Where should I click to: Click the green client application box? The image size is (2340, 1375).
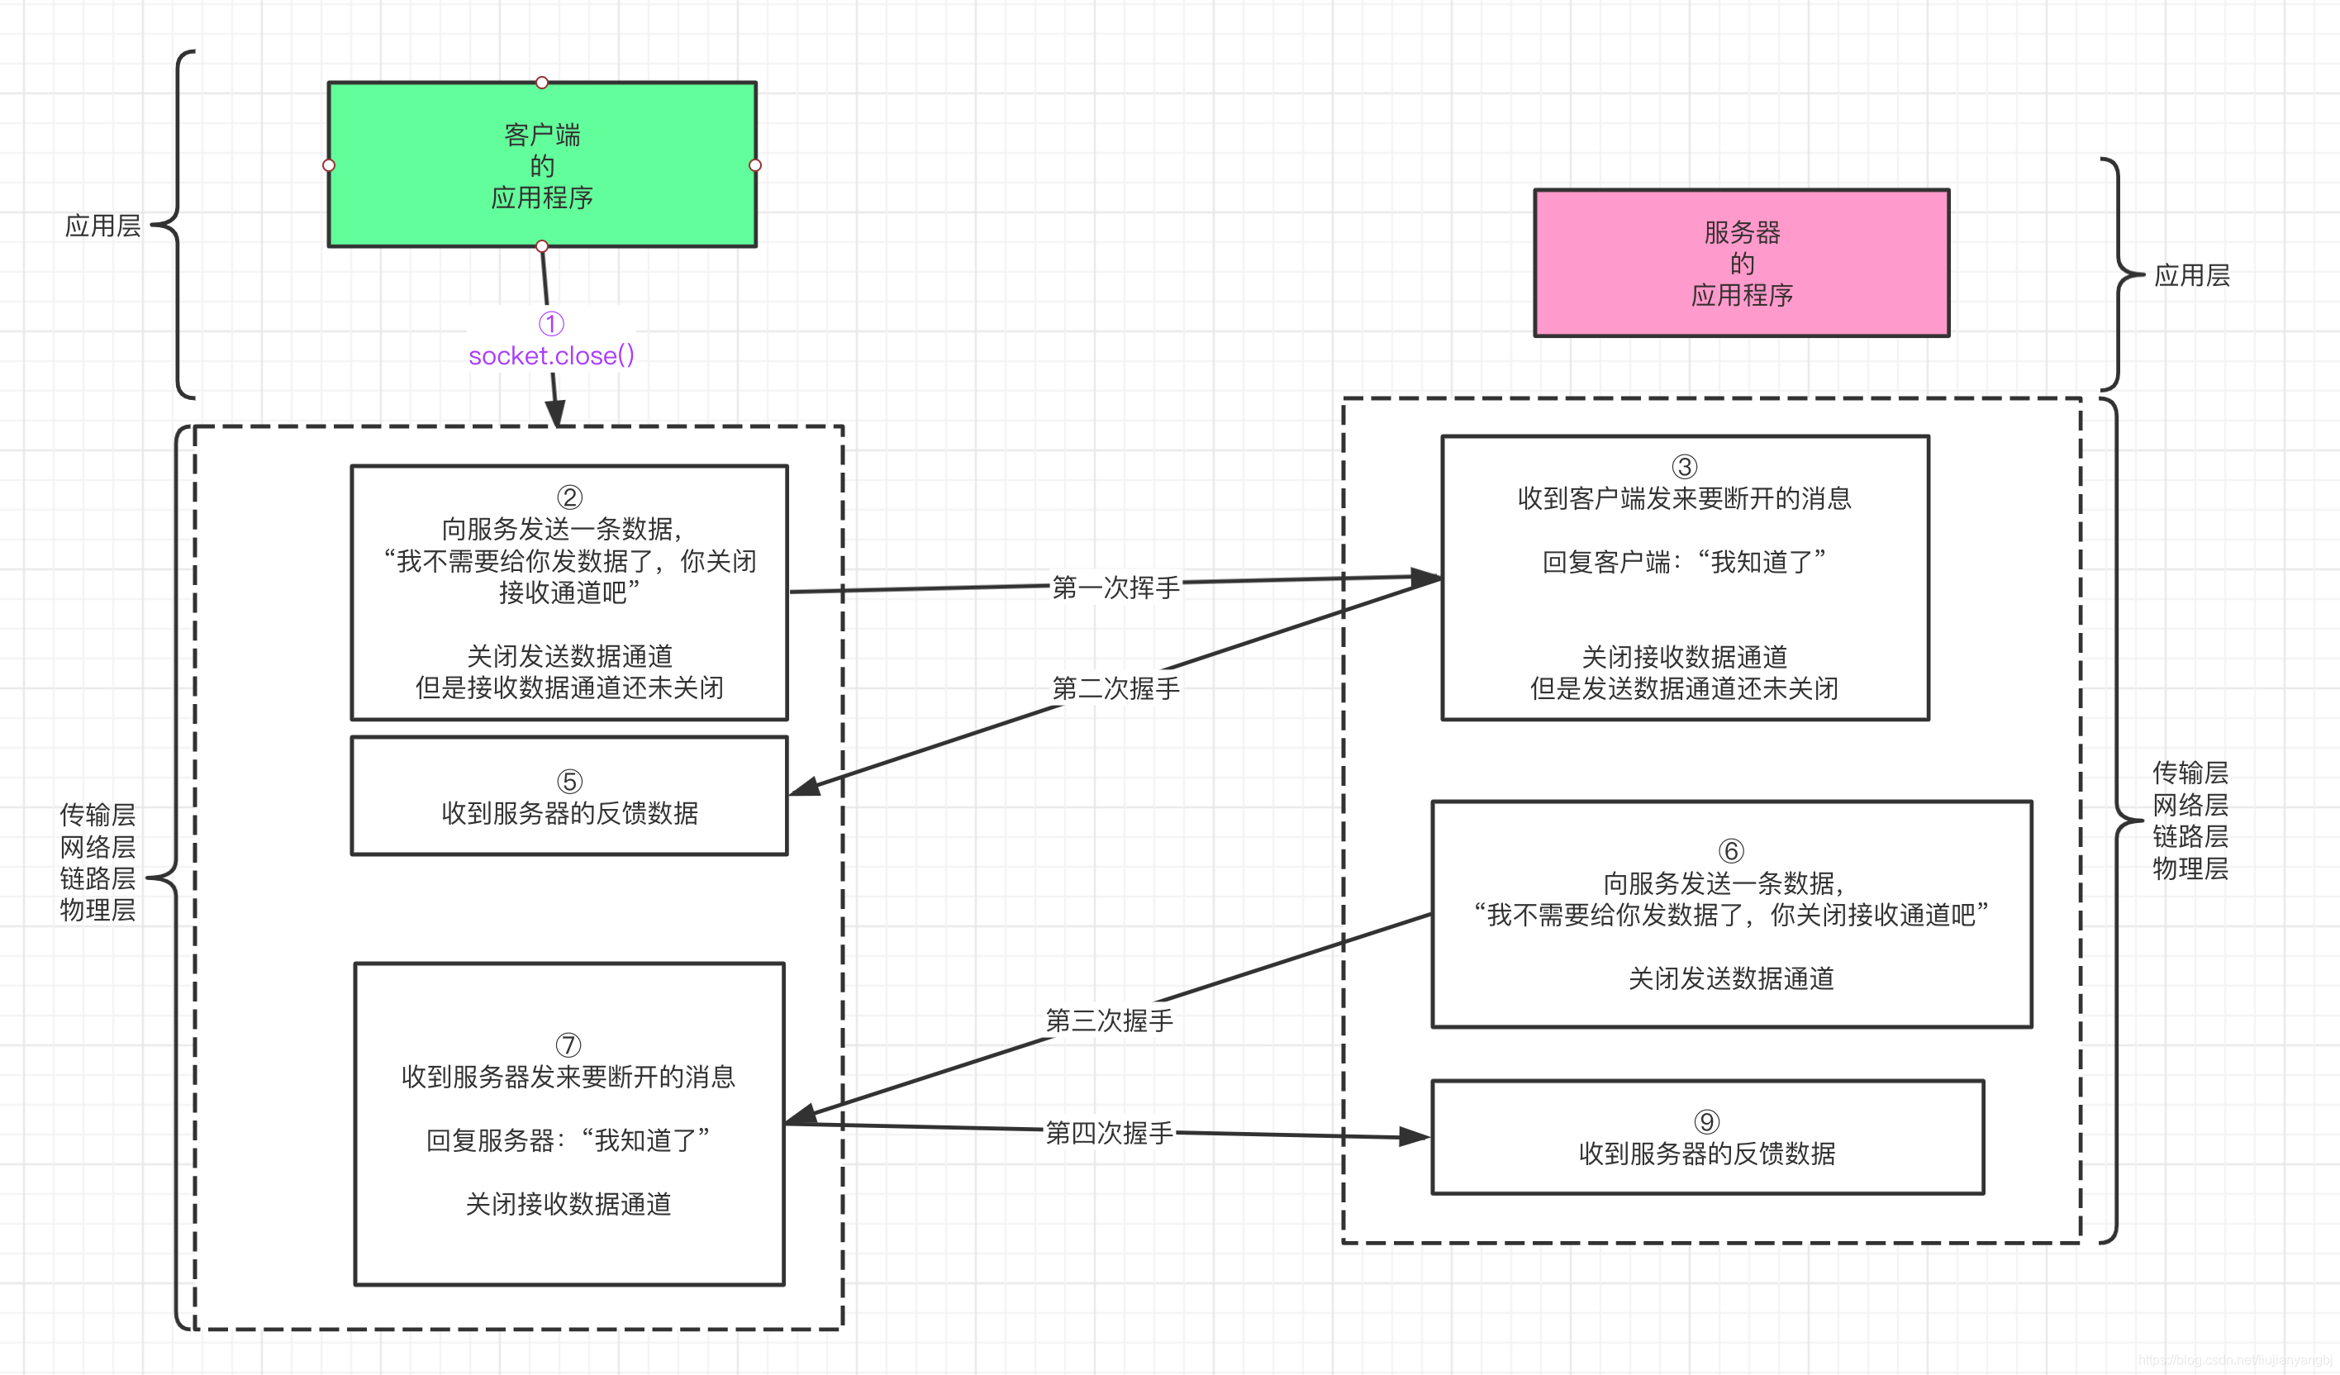[x=541, y=165]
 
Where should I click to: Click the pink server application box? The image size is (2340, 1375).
[x=1741, y=264]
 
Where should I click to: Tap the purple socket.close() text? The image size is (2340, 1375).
[x=552, y=355]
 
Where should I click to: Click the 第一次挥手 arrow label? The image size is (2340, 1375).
[x=1115, y=587]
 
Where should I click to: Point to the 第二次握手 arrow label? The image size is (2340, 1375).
[x=1115, y=688]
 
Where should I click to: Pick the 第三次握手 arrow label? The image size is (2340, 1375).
[x=1109, y=1021]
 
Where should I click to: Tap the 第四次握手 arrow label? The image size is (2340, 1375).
[x=1109, y=1133]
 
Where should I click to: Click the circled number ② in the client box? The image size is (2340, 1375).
[x=569, y=497]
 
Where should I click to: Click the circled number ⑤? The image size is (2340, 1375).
[x=569, y=782]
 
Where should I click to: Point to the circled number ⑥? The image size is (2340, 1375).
[x=1731, y=850]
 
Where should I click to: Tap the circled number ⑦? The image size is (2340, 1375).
[x=568, y=1045]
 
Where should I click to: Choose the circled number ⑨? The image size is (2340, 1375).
[x=1707, y=1122]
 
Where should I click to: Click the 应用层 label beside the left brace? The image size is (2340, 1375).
[x=102, y=226]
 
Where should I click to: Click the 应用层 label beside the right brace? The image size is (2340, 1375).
[x=2191, y=276]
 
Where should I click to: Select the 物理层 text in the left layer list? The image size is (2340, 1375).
[x=97, y=910]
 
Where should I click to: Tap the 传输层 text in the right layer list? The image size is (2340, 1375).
[x=2190, y=773]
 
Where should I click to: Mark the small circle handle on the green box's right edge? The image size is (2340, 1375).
[x=755, y=165]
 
